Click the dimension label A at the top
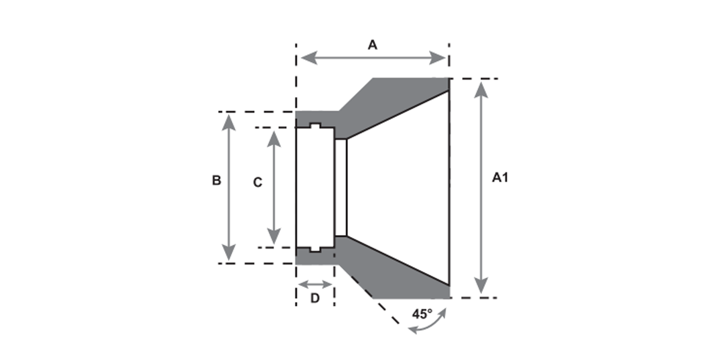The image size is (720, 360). point(373,45)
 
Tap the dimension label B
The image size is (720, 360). point(217,180)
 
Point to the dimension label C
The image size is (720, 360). point(257,182)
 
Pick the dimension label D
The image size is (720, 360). point(314,298)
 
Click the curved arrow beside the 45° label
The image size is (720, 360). point(428,323)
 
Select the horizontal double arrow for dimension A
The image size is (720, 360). point(373,58)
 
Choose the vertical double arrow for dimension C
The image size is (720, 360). point(274,187)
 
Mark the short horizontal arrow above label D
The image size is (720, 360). point(315,284)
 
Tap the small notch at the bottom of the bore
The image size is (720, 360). point(315,248)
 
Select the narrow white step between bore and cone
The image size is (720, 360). point(341,187)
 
